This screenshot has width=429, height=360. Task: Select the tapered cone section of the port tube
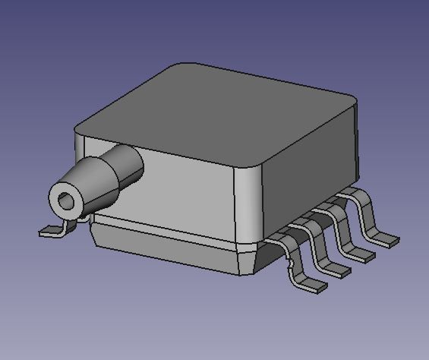point(95,186)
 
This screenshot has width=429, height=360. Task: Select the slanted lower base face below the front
point(167,247)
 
